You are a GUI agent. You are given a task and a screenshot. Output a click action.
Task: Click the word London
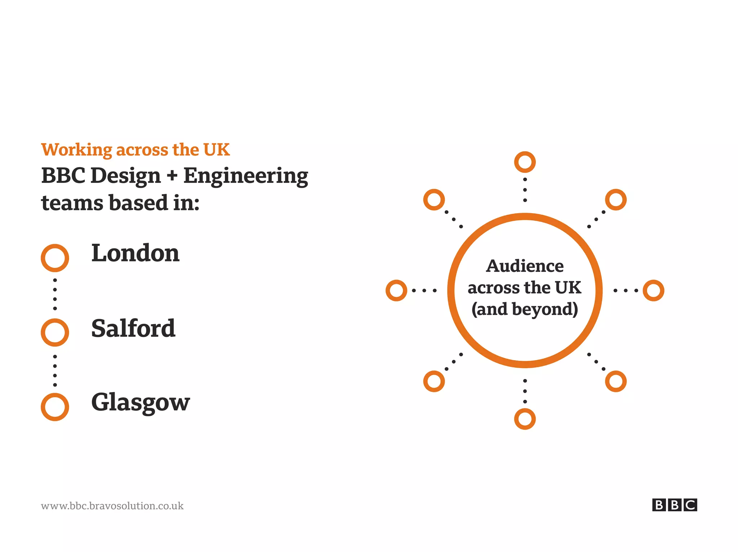(x=135, y=253)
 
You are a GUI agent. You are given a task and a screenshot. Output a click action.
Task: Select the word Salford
(x=133, y=328)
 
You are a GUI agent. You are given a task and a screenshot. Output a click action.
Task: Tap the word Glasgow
(x=141, y=402)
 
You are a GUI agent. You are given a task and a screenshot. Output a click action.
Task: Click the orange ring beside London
(x=55, y=258)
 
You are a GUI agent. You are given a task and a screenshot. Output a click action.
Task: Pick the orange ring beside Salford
(x=55, y=332)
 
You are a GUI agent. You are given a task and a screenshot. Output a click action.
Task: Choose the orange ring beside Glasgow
(x=55, y=407)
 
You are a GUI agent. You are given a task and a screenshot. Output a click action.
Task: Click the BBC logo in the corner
(x=674, y=505)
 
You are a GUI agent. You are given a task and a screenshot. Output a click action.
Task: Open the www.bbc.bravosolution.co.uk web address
(x=112, y=506)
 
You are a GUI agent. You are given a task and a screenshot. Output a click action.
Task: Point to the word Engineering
(x=246, y=176)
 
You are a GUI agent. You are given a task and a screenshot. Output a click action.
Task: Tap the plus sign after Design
(x=172, y=176)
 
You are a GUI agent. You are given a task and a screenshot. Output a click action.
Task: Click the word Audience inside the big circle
(x=525, y=266)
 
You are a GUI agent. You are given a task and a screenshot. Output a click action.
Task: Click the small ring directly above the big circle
(x=525, y=162)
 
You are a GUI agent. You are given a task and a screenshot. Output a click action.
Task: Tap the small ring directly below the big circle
(x=525, y=419)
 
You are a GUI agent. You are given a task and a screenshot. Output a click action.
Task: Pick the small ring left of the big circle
(x=396, y=290)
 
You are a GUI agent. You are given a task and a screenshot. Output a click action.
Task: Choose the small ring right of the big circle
(x=653, y=290)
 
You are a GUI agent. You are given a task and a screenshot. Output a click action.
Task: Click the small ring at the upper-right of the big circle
(x=615, y=199)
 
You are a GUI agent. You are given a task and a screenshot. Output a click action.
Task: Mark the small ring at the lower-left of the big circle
(x=434, y=381)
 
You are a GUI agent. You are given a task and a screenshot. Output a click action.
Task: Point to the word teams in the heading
(x=72, y=203)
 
